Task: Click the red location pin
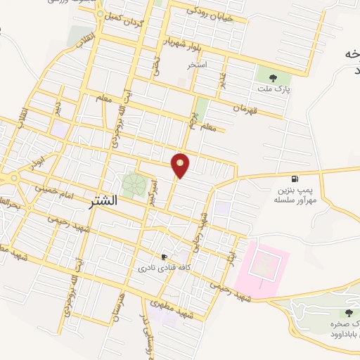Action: click(x=181, y=166)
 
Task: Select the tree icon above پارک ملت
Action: click(x=274, y=79)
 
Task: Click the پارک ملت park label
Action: click(x=274, y=91)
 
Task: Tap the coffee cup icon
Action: click(x=164, y=257)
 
